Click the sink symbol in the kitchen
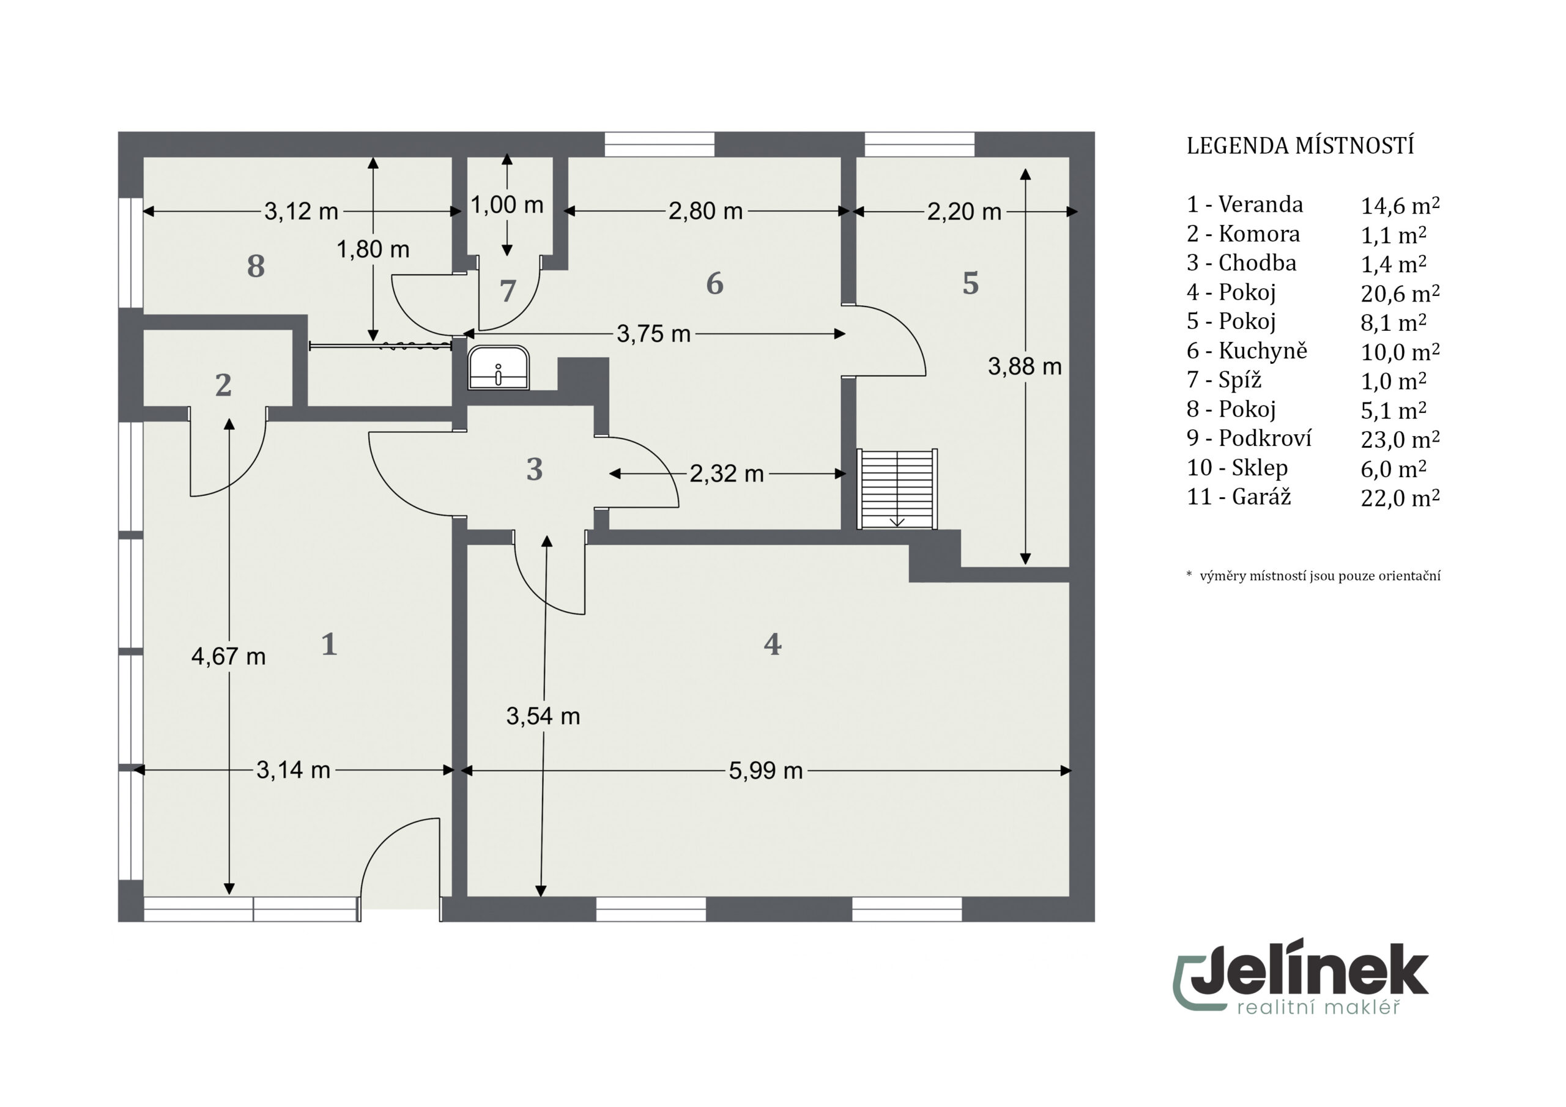coord(499,368)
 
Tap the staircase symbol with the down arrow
coord(897,489)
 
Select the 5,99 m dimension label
coord(765,771)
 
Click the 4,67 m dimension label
coord(229,656)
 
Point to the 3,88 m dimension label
coord(1025,367)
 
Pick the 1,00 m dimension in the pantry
coord(507,205)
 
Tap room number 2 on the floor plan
coord(223,385)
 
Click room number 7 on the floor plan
coord(508,291)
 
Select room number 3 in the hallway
coord(535,469)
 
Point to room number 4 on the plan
coord(772,644)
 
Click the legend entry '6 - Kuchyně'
coord(1247,350)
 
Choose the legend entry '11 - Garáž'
coord(1239,497)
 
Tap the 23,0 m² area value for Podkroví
coord(1400,439)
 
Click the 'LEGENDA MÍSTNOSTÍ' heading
coord(1300,146)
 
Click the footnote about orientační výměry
coord(1313,576)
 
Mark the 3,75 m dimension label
coord(653,333)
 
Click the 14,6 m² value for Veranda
coord(1400,205)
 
